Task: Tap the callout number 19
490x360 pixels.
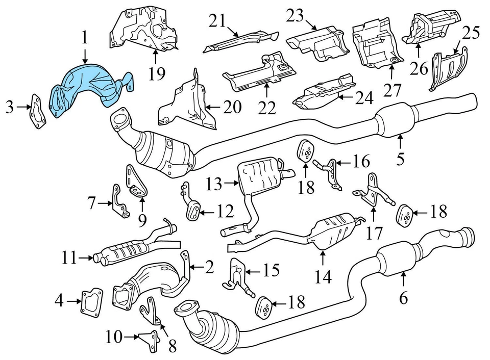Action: [x=158, y=74]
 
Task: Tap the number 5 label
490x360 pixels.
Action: [x=400, y=159]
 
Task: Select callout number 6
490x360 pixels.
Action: [x=403, y=298]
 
